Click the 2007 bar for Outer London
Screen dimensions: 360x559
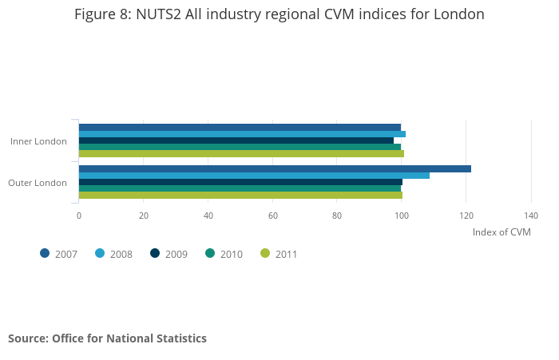click(275, 168)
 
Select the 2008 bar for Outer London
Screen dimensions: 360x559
click(254, 176)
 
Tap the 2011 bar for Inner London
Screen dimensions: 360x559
click(241, 153)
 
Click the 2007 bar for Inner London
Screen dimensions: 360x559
click(240, 127)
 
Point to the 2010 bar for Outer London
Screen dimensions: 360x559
click(240, 188)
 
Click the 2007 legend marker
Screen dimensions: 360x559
click(45, 254)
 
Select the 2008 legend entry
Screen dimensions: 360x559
click(113, 254)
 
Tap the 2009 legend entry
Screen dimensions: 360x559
click(168, 254)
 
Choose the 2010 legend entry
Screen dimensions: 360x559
click(223, 254)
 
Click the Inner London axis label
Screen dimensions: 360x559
click(38, 141)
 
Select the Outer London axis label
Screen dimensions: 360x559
click(38, 183)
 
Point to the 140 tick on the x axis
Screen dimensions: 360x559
click(531, 216)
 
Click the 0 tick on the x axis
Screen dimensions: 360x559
click(78, 216)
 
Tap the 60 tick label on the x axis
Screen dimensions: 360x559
click(272, 216)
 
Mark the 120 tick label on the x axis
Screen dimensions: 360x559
click(466, 216)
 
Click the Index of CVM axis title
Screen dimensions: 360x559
click(502, 232)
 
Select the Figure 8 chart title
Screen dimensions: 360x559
click(279, 14)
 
